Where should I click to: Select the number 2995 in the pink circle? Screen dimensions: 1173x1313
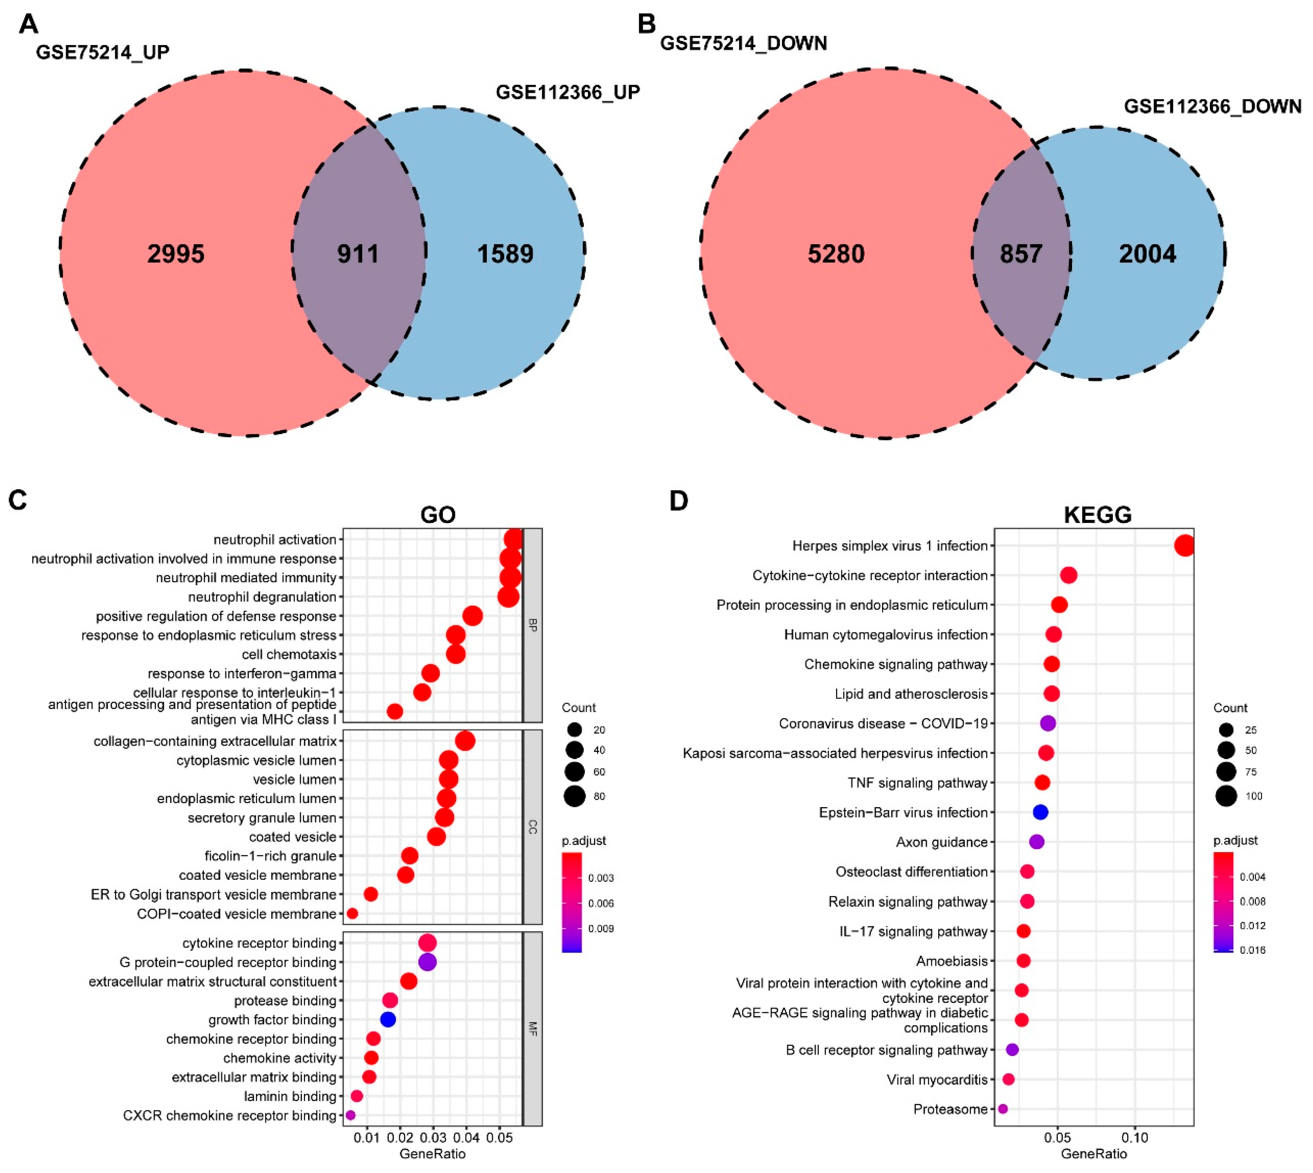click(x=175, y=254)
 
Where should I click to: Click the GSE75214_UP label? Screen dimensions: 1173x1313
click(x=102, y=52)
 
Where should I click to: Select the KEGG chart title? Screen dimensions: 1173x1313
click(x=1097, y=514)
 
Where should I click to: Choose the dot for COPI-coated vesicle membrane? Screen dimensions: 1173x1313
click(x=352, y=914)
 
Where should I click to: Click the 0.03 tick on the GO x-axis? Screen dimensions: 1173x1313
click(x=433, y=1138)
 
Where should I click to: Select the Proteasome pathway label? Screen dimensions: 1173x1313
click(x=950, y=1109)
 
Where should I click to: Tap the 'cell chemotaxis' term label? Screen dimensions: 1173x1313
click(x=289, y=654)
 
